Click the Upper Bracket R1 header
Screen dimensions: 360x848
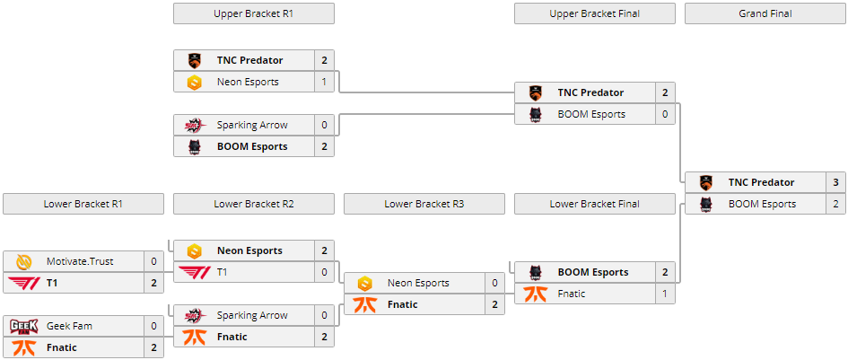click(x=253, y=13)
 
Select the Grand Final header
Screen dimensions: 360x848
click(x=765, y=13)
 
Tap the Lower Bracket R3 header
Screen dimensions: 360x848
click(x=424, y=204)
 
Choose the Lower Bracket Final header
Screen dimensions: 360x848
click(x=594, y=204)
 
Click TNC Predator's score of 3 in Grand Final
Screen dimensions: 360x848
click(x=835, y=182)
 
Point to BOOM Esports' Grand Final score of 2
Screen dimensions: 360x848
click(x=835, y=204)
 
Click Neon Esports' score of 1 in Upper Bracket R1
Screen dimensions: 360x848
click(x=324, y=82)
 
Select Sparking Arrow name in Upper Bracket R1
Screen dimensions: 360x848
click(x=252, y=125)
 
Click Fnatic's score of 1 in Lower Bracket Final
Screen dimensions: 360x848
click(x=665, y=294)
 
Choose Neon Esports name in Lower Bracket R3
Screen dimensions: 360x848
click(x=418, y=283)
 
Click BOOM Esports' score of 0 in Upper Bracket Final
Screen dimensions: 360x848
click(x=665, y=114)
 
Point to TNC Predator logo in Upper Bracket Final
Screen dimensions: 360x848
click(x=535, y=92)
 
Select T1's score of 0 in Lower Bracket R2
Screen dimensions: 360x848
click(x=324, y=272)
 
